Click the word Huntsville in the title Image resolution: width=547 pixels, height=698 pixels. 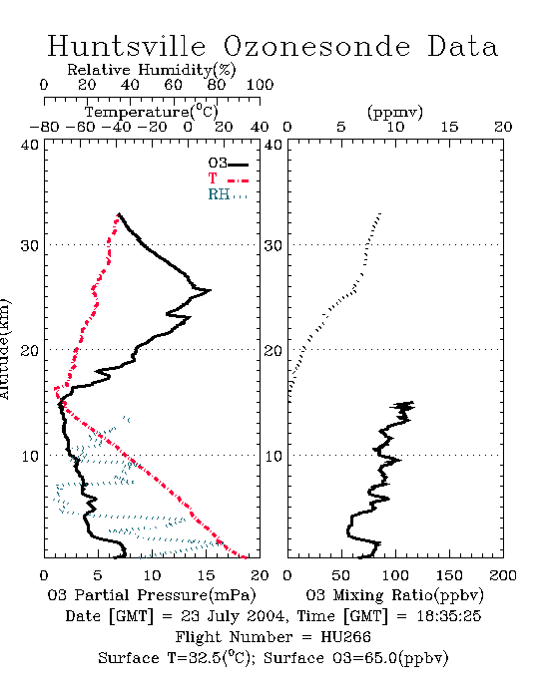127,46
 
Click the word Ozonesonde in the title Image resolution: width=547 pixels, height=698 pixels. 316,46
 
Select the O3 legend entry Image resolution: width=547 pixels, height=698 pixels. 228,164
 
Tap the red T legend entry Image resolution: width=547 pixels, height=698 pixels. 228,178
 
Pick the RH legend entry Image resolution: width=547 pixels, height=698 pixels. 228,194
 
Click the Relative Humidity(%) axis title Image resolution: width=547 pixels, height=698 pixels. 152,70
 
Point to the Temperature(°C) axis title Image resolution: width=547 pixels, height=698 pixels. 152,112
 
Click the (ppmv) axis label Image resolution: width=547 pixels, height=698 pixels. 395,112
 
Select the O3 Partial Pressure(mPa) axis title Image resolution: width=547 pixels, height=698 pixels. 152,595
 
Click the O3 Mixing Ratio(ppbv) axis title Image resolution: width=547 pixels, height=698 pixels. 394,595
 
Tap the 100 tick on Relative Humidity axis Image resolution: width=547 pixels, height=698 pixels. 260,85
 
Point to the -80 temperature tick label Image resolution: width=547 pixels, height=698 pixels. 44,128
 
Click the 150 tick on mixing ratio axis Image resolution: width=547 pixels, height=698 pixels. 449,575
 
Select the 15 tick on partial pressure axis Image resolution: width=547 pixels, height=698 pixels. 206,575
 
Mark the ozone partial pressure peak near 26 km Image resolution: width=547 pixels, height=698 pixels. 210,290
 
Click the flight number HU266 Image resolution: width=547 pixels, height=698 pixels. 345,637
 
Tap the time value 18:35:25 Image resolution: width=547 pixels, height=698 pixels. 449,616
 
